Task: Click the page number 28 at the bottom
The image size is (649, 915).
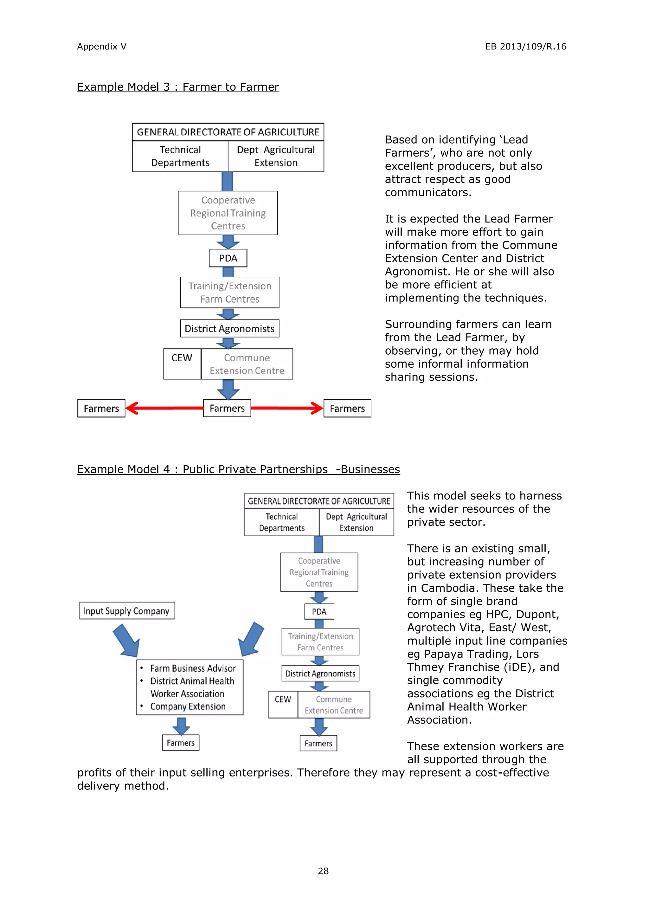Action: tap(323, 871)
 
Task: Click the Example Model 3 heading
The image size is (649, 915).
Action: tap(178, 87)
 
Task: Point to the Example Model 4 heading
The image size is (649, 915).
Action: tap(238, 469)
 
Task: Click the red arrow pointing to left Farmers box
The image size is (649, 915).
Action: tap(164, 408)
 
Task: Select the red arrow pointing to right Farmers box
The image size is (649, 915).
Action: tap(287, 408)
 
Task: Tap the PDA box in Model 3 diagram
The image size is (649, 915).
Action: tap(228, 258)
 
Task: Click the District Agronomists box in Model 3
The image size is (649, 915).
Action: tap(229, 328)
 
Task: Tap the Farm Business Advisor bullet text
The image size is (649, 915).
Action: tap(193, 668)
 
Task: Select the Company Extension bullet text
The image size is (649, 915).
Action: tap(188, 706)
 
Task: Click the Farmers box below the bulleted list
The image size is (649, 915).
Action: tap(181, 743)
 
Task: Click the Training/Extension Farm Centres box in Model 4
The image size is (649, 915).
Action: tap(320, 642)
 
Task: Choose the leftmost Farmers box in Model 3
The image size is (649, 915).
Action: tap(101, 408)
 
